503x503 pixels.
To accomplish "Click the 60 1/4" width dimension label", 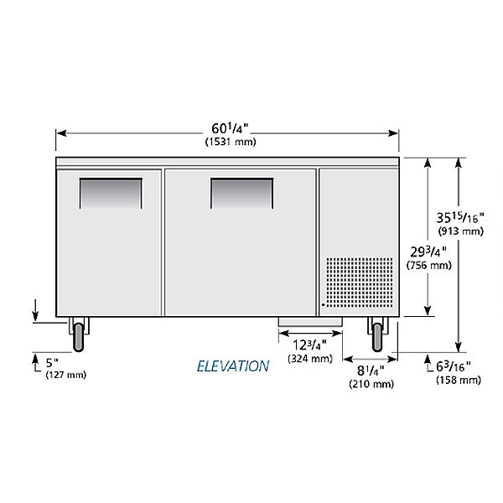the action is (x=230, y=128).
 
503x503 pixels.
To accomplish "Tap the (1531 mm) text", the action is (x=231, y=142).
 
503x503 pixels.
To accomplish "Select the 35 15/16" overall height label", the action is (x=459, y=218).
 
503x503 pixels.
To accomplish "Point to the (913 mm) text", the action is (x=460, y=231).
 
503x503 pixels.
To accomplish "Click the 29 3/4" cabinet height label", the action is (x=428, y=251).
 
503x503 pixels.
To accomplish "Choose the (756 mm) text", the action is (x=429, y=265).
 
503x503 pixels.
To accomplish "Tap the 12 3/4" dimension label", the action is (x=309, y=345).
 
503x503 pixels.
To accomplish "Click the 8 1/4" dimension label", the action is (x=371, y=371).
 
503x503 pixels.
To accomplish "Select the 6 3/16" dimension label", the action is (x=453, y=366).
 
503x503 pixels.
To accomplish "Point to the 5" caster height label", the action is (x=52, y=363).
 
